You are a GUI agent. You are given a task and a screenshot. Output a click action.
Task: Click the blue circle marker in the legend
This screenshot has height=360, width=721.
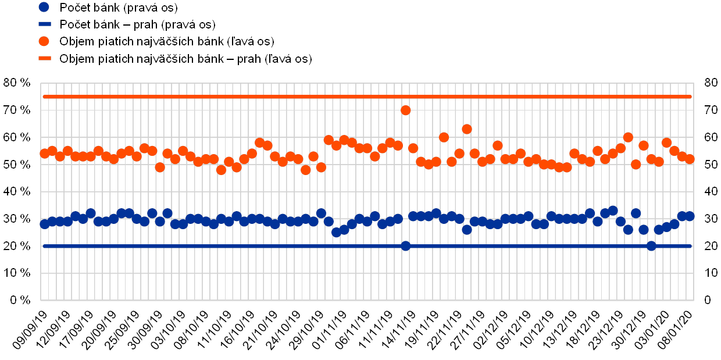44,8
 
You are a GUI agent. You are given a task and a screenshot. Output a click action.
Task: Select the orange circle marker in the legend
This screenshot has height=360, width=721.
44,42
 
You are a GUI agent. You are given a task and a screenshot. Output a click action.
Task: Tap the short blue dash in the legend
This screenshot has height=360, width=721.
44,25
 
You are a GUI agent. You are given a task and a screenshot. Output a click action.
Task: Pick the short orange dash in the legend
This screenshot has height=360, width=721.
44,59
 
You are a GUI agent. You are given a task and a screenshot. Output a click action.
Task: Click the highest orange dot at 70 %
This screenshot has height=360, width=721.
406,110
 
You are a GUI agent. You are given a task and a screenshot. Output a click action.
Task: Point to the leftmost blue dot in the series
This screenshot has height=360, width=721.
45,224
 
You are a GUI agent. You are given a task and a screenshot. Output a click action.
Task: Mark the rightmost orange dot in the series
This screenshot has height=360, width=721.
690,159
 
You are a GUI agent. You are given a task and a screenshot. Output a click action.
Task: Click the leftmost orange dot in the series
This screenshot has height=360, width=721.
45,154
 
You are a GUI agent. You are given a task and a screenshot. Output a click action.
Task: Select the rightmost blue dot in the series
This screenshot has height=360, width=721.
690,216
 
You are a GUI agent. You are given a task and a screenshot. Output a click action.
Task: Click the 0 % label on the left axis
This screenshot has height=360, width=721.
19,300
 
